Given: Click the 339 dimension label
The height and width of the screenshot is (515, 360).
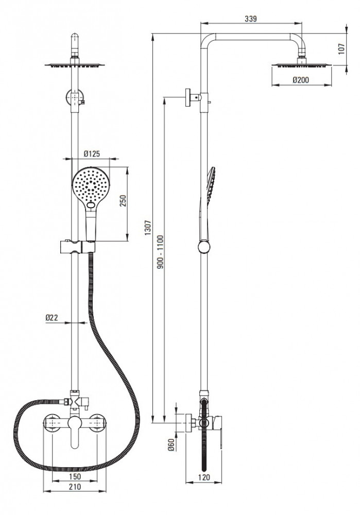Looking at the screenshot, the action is pyautogui.click(x=251, y=19).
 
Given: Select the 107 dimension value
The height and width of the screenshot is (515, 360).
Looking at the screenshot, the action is pyautogui.click(x=341, y=49).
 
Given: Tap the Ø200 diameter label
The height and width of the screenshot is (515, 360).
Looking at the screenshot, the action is pyautogui.click(x=301, y=79).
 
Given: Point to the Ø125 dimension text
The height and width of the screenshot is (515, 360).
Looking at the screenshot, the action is pyautogui.click(x=92, y=153).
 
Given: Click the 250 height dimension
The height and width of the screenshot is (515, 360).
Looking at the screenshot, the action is pyautogui.click(x=123, y=201).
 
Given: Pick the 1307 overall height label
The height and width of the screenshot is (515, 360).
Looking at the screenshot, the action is pyautogui.click(x=148, y=227).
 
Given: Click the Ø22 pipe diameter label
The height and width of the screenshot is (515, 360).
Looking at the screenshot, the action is pyautogui.click(x=52, y=317).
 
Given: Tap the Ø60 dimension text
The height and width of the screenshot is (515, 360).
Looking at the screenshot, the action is pyautogui.click(x=171, y=444).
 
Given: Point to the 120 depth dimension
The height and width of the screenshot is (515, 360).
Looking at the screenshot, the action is pyautogui.click(x=204, y=477).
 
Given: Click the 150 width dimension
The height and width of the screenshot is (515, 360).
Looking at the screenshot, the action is pyautogui.click(x=75, y=476).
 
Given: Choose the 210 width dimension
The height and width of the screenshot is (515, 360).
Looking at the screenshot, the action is pyautogui.click(x=75, y=487).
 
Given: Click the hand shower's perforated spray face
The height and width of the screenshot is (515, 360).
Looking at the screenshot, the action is pyautogui.click(x=90, y=185).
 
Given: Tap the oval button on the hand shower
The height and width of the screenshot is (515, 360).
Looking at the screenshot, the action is pyautogui.click(x=91, y=206).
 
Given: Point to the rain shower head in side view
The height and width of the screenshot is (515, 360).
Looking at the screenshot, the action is pyautogui.click(x=301, y=65).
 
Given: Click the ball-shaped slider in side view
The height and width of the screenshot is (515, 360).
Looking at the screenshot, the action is pyautogui.click(x=204, y=247).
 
